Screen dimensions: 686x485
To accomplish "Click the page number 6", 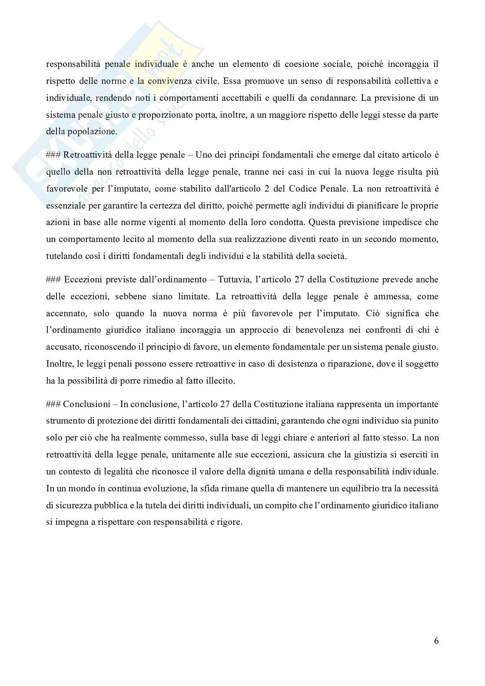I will (x=436, y=641).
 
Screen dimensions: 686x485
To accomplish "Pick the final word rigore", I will (x=228, y=522).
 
